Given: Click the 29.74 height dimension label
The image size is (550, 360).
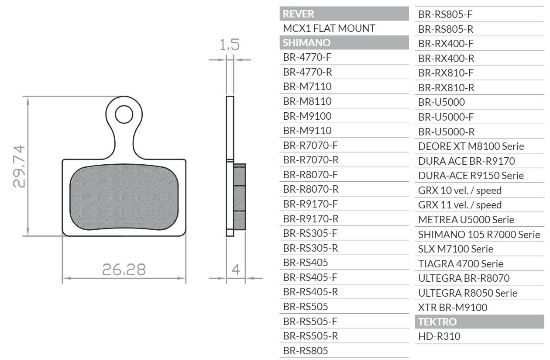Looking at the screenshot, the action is pyautogui.click(x=19, y=166).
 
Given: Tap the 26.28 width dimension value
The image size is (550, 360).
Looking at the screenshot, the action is pyautogui.click(x=124, y=269).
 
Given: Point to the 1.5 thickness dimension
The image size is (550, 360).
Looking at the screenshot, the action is pyautogui.click(x=230, y=45).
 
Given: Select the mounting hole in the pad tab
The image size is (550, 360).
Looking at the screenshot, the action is pyautogui.click(x=124, y=114).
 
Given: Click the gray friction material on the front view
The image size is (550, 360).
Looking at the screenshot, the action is pyautogui.click(x=124, y=197).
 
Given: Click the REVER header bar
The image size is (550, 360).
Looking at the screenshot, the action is pyautogui.click(x=344, y=14).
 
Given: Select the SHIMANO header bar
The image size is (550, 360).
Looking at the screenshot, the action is pyautogui.click(x=344, y=42).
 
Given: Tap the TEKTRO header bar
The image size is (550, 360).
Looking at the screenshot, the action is pyautogui.click(x=479, y=322).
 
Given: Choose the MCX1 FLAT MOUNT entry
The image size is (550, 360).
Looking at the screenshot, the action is pyautogui.click(x=329, y=28).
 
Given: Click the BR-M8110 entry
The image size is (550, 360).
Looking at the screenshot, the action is pyautogui.click(x=307, y=101).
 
